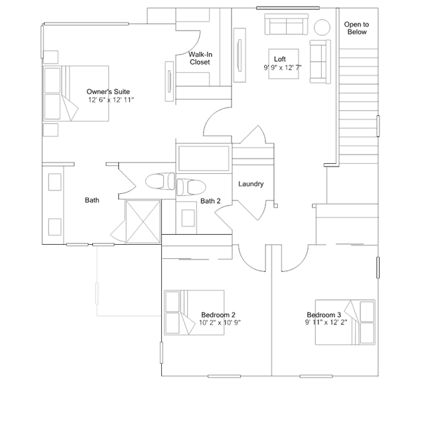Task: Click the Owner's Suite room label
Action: (x=108, y=92)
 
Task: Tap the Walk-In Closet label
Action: (x=200, y=58)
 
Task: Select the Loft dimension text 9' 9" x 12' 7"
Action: (x=283, y=68)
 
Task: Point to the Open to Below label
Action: (x=356, y=28)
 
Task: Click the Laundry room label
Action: (x=251, y=184)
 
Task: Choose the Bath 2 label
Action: (x=210, y=201)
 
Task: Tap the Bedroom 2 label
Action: (x=218, y=315)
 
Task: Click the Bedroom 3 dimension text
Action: (x=326, y=322)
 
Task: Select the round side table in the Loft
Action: (x=322, y=27)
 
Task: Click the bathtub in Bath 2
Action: (x=204, y=159)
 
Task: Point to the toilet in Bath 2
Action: (x=191, y=187)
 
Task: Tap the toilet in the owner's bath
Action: (x=160, y=181)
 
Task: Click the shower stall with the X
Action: (x=143, y=222)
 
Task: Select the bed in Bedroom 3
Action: (x=345, y=322)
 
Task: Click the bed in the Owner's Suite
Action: (x=76, y=94)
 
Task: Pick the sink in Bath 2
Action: (x=188, y=218)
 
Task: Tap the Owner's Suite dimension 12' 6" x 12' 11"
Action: (x=111, y=100)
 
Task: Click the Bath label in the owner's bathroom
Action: (x=92, y=200)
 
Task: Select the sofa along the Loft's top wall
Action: (x=287, y=25)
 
